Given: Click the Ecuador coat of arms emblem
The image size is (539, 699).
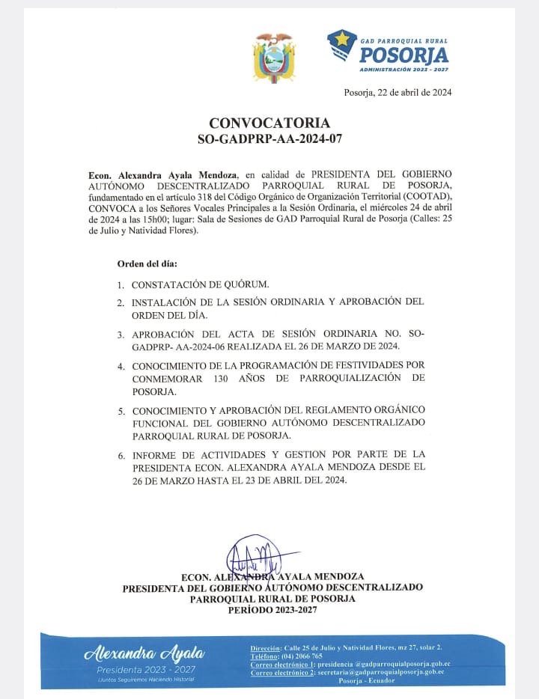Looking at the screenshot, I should [273, 57].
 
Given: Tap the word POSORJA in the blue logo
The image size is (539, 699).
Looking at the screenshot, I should [404, 55].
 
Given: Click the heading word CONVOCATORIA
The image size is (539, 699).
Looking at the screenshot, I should [269, 123].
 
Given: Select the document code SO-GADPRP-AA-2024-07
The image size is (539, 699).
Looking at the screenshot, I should [269, 138].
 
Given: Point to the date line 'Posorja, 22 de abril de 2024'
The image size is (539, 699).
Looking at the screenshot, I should [397, 93].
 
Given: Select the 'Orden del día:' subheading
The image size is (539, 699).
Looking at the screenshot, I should [147, 264].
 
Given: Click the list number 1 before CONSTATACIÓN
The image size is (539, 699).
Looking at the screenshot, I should [121, 285].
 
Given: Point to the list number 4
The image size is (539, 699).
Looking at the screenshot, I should [121, 367].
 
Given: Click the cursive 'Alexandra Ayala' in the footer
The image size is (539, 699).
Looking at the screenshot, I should [144, 653].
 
